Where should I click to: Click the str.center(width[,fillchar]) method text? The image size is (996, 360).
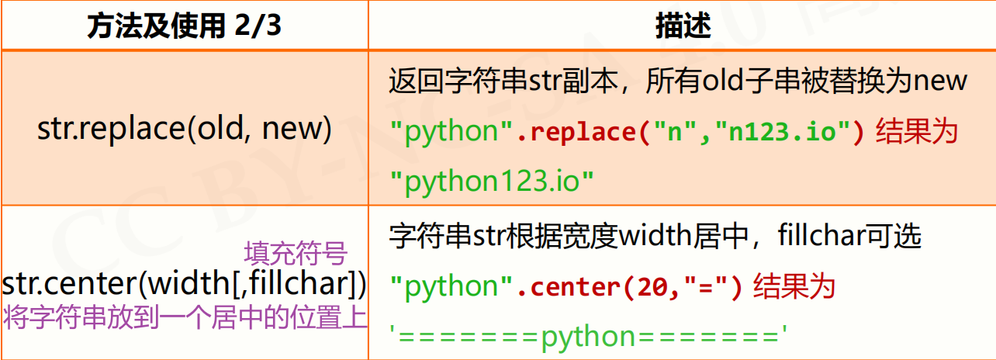point(185,285)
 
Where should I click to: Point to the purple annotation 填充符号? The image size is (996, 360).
point(295,254)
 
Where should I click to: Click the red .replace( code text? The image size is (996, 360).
point(579,132)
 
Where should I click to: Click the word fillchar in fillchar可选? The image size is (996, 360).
point(825,235)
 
